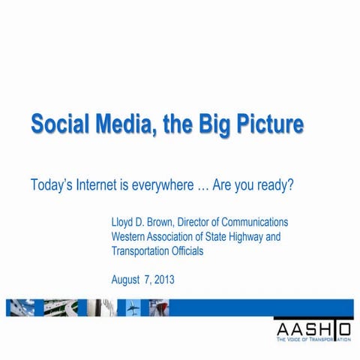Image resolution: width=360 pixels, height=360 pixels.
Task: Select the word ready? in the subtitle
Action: (x=272, y=184)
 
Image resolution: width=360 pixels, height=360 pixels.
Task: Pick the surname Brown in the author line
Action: (x=165, y=223)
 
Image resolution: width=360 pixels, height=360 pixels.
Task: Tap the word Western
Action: (x=131, y=237)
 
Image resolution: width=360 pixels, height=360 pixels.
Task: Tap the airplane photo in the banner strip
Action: (x=133, y=307)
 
